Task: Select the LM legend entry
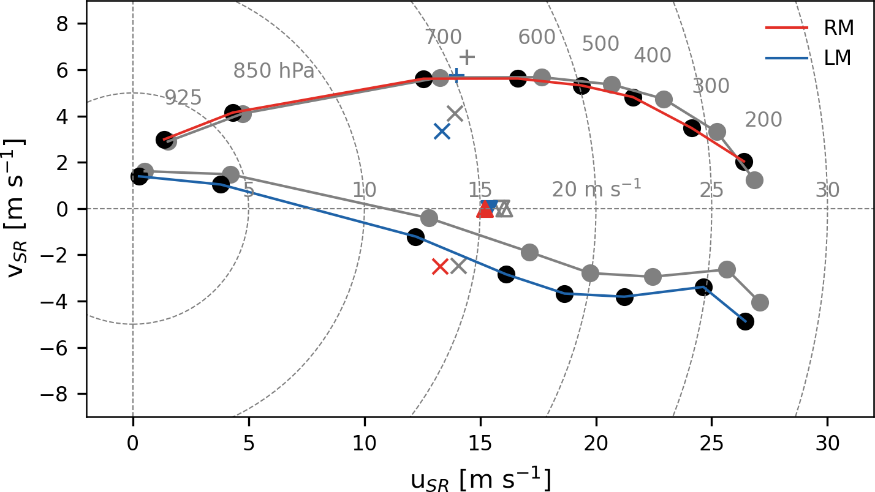(x=838, y=58)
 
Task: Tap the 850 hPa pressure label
(x=273, y=72)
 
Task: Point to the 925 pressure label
(x=183, y=98)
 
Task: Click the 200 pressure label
(x=763, y=120)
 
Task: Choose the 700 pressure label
(x=444, y=37)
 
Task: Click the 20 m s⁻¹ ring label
(x=596, y=190)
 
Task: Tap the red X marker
(x=440, y=266)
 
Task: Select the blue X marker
(x=442, y=131)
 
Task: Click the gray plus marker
(x=467, y=58)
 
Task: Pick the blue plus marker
(x=456, y=76)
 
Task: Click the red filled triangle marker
(x=485, y=210)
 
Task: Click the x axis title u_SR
(x=480, y=479)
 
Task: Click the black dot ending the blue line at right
(x=745, y=322)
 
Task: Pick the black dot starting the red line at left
(x=164, y=140)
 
